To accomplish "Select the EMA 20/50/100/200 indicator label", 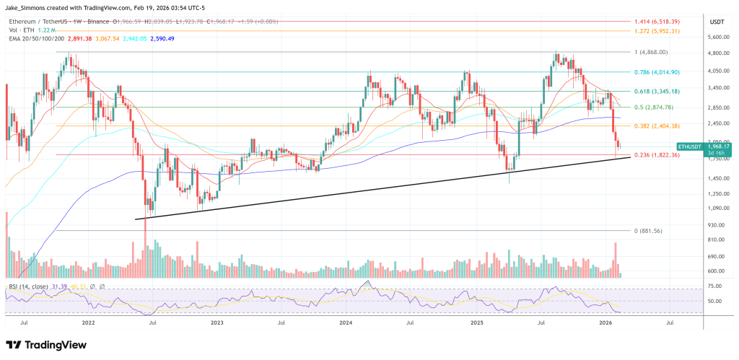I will click(x=37, y=39).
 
